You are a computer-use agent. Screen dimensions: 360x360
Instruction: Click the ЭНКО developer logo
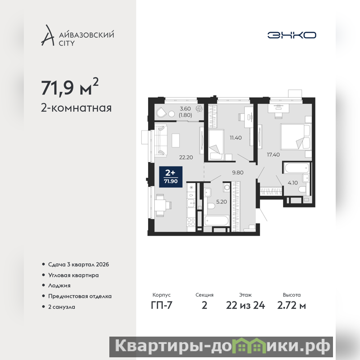[292, 35]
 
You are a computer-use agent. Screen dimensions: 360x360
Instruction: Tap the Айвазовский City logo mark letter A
[48, 35]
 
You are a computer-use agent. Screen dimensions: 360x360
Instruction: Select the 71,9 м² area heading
[70, 87]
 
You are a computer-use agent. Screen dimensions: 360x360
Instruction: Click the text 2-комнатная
[76, 108]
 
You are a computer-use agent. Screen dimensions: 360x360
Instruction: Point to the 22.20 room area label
[186, 157]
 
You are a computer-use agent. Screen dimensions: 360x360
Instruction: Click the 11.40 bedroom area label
[236, 138]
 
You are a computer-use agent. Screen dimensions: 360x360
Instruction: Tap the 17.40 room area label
[273, 155]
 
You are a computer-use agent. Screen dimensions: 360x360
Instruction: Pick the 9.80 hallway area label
[238, 172]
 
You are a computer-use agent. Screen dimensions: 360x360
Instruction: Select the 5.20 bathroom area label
[221, 202]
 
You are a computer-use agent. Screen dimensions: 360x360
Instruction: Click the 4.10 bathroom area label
[293, 183]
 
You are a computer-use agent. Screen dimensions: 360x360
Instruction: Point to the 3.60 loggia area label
[185, 109]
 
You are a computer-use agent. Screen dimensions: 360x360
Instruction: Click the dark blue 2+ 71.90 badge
[171, 177]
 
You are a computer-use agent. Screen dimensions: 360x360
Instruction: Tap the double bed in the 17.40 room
[296, 137]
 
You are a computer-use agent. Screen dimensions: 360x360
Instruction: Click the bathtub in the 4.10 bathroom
[297, 168]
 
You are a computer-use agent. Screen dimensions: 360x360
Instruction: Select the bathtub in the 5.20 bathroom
[217, 221]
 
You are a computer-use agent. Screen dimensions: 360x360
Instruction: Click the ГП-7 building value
[162, 306]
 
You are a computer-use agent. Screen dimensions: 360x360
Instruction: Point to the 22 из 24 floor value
[245, 306]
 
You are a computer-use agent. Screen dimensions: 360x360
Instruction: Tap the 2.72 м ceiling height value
[292, 306]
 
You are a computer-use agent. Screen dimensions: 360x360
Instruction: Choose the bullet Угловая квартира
[73, 275]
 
